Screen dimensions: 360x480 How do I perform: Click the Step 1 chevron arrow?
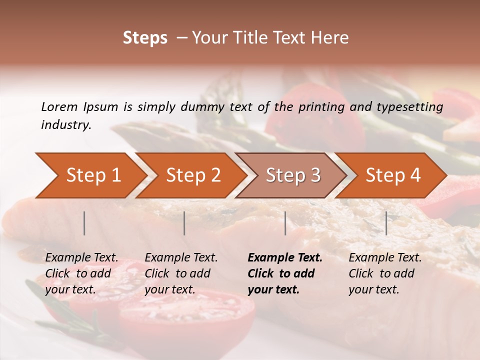(x=93, y=175)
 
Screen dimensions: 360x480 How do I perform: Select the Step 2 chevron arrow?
(x=193, y=175)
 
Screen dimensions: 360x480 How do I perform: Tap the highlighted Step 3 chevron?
(x=293, y=175)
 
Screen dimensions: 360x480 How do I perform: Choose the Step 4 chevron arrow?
(x=393, y=175)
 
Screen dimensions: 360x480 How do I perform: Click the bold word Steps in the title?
(x=145, y=37)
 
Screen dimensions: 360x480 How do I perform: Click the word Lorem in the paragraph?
(x=59, y=106)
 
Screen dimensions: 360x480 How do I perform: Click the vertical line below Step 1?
(x=84, y=223)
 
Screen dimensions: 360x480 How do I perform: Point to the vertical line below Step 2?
(x=184, y=223)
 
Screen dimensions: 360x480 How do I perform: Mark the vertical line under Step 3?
(x=285, y=223)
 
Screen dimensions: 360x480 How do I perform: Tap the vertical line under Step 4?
(x=386, y=223)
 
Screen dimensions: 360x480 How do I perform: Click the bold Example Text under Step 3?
(x=285, y=258)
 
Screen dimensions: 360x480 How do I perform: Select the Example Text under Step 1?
(x=81, y=258)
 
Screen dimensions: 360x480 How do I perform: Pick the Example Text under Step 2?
(x=181, y=258)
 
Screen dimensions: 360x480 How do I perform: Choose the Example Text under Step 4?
(x=385, y=258)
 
